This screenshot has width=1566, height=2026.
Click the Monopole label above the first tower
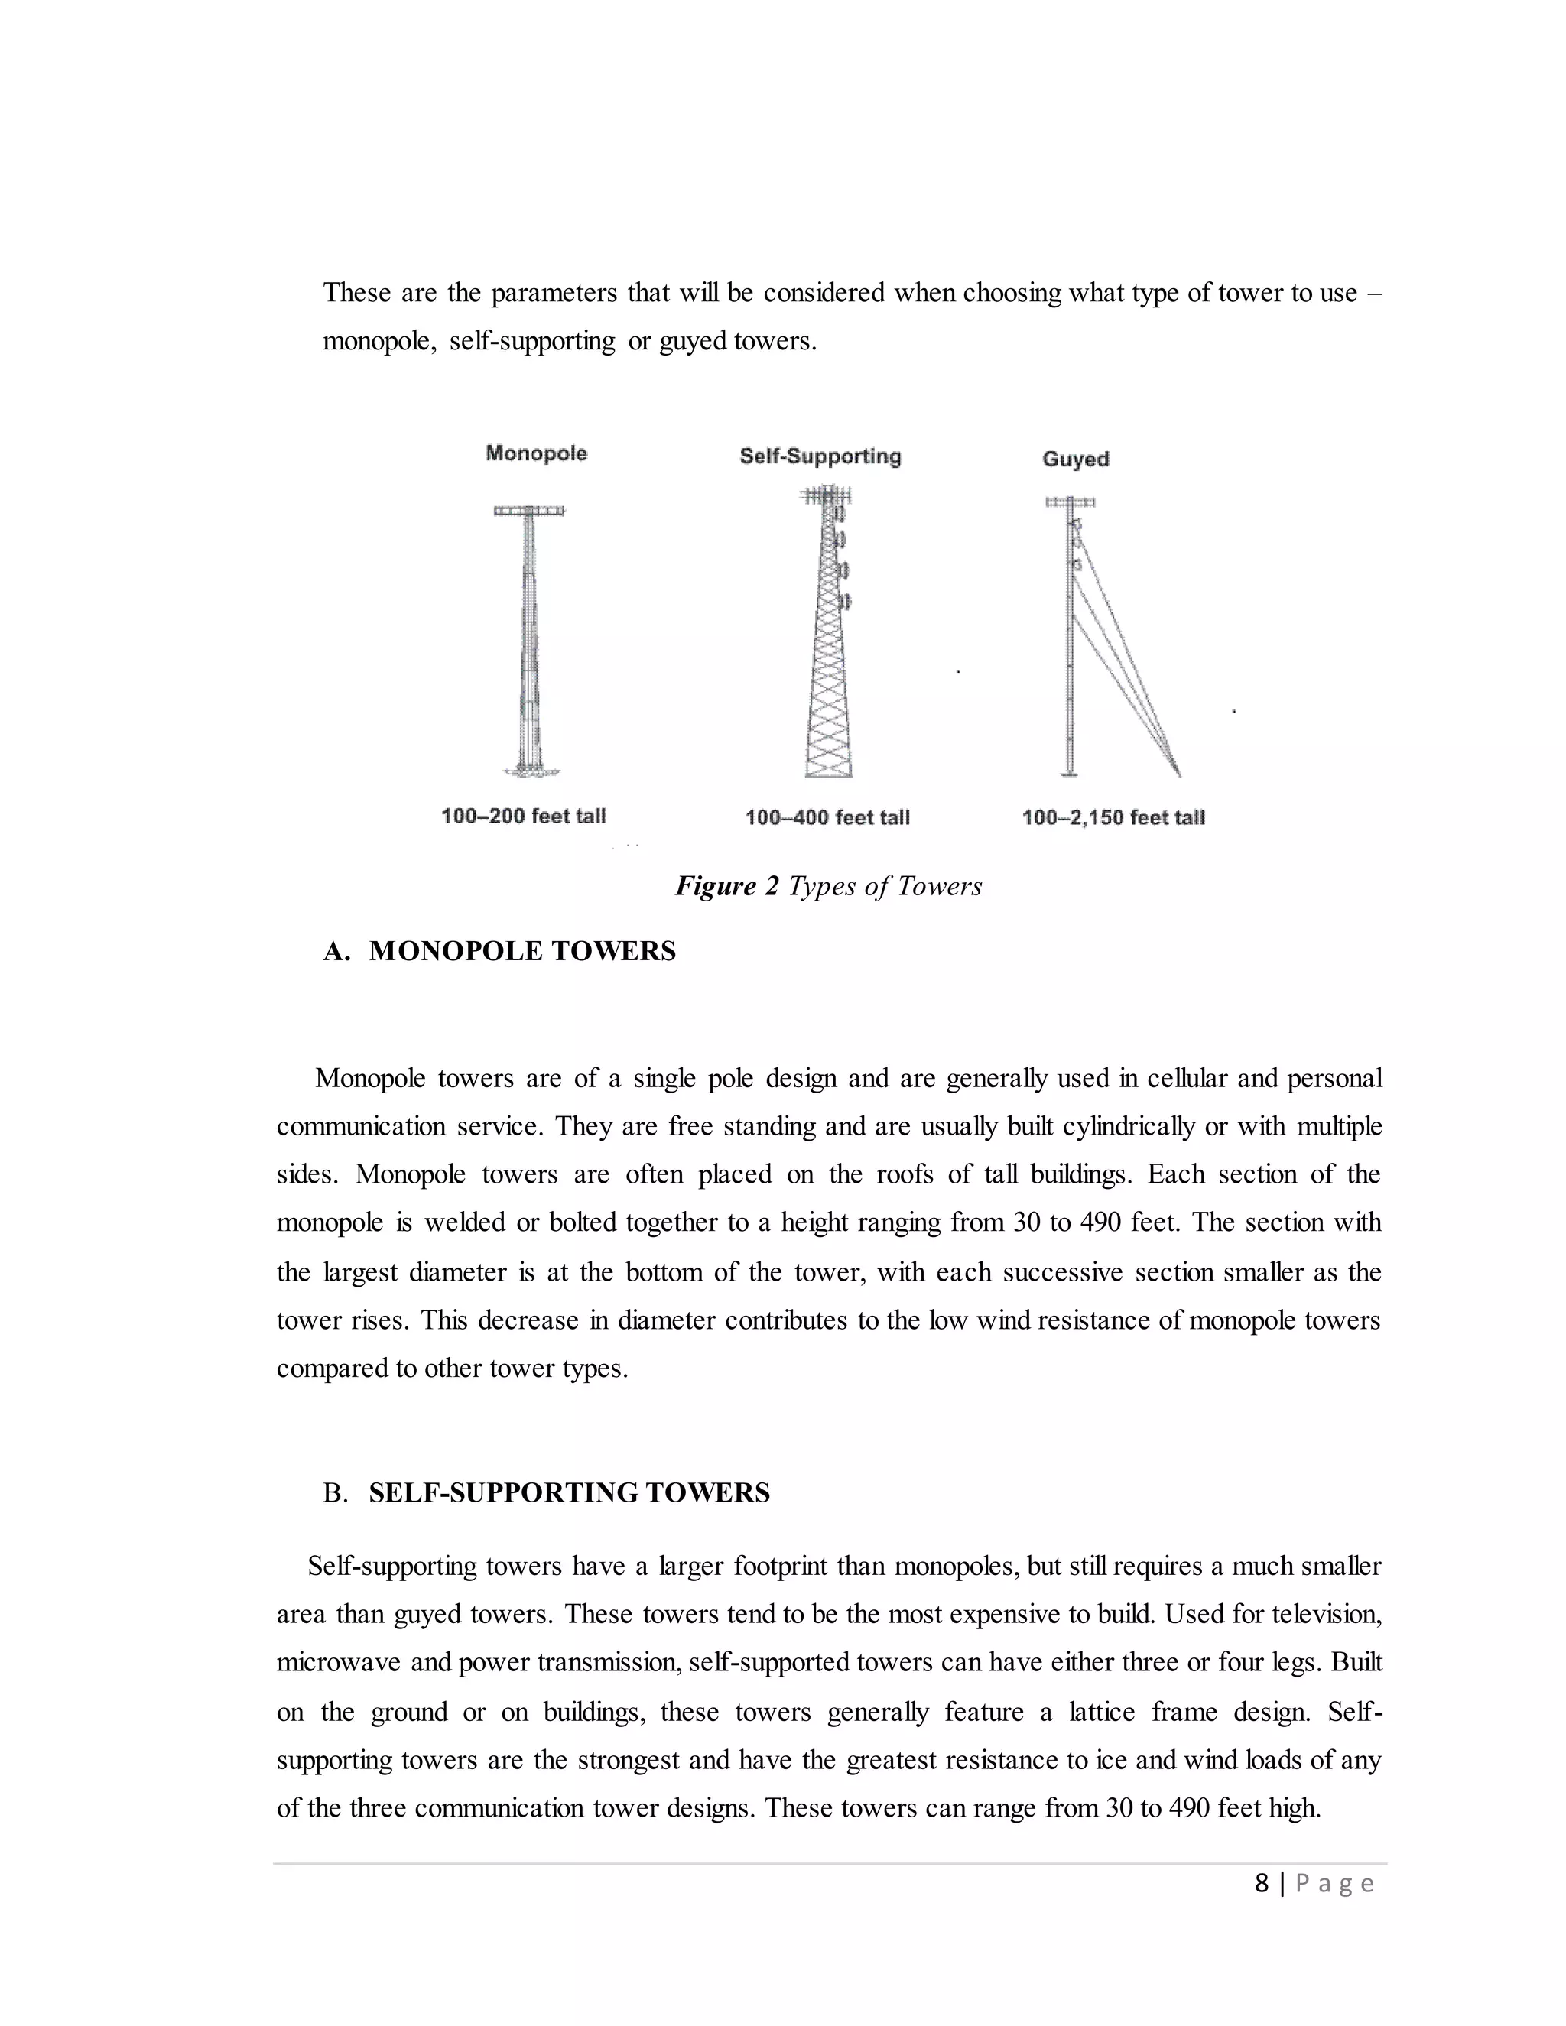[536, 453]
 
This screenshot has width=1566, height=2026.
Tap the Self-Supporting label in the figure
[820, 456]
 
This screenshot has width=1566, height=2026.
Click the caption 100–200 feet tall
[523, 816]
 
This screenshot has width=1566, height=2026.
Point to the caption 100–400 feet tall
[827, 817]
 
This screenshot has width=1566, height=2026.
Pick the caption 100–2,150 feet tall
[1113, 817]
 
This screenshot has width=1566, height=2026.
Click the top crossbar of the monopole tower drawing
[529, 510]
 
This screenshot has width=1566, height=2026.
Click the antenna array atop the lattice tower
[825, 496]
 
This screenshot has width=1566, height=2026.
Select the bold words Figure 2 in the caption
[726, 886]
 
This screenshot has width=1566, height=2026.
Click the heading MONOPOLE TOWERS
[522, 951]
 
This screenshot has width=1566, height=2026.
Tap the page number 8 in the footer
[1262, 1883]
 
